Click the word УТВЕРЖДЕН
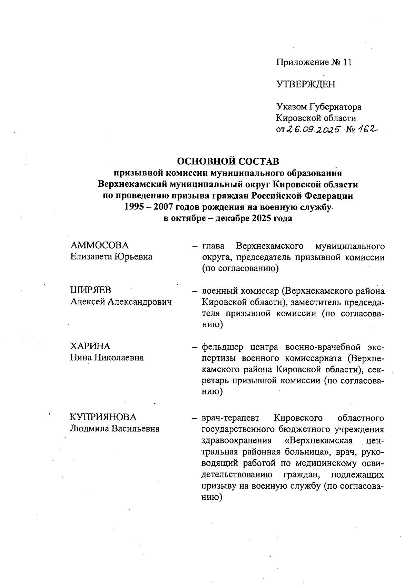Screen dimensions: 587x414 305,84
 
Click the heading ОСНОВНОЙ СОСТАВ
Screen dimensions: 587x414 228,161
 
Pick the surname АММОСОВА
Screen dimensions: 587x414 99,245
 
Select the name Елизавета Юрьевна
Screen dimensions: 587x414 111,257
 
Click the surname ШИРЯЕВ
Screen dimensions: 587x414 91,291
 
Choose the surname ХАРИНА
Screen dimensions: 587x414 90,346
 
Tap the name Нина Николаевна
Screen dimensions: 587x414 107,358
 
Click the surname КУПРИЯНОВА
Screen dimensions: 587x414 103,417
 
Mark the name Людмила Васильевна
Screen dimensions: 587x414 115,429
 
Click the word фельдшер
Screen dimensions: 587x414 223,346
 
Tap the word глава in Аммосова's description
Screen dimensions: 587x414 213,246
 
